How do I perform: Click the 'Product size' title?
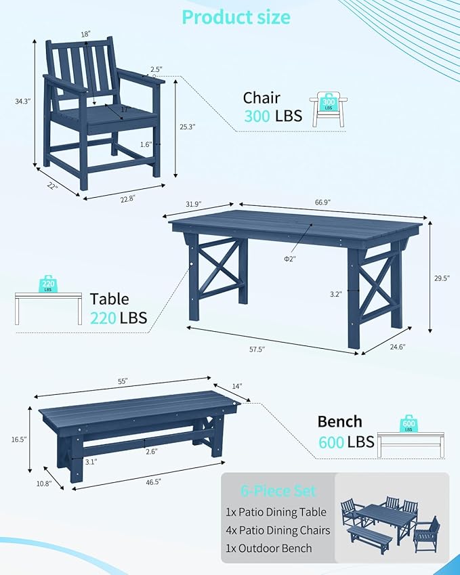(236, 18)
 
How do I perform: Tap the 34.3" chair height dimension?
(23, 102)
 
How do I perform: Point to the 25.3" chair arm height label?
(187, 126)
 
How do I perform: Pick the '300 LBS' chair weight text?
(273, 116)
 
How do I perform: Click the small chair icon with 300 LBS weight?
(329, 109)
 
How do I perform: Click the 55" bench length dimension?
(123, 381)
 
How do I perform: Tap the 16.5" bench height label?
(18, 440)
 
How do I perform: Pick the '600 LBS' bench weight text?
(346, 442)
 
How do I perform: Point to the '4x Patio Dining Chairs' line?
(279, 530)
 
